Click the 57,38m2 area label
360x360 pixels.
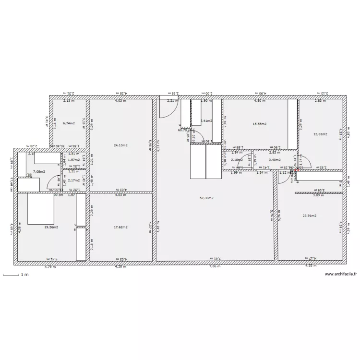click(206, 198)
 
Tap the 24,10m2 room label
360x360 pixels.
click(120, 144)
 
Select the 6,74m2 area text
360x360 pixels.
click(69, 123)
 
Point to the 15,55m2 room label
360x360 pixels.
click(259, 123)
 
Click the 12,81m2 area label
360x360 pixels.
click(320, 134)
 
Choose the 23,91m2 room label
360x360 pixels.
click(310, 216)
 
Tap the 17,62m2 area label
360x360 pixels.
click(120, 227)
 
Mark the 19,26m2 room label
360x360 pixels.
click(51, 227)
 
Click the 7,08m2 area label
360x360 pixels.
click(39, 171)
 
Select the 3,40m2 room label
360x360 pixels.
click(275, 160)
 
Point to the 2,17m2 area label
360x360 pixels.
click(74, 180)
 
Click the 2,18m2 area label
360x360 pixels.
click(237, 160)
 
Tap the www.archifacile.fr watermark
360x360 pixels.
click(341, 274)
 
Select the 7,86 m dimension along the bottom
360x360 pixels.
click(215, 267)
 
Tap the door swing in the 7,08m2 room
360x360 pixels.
click(53, 181)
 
